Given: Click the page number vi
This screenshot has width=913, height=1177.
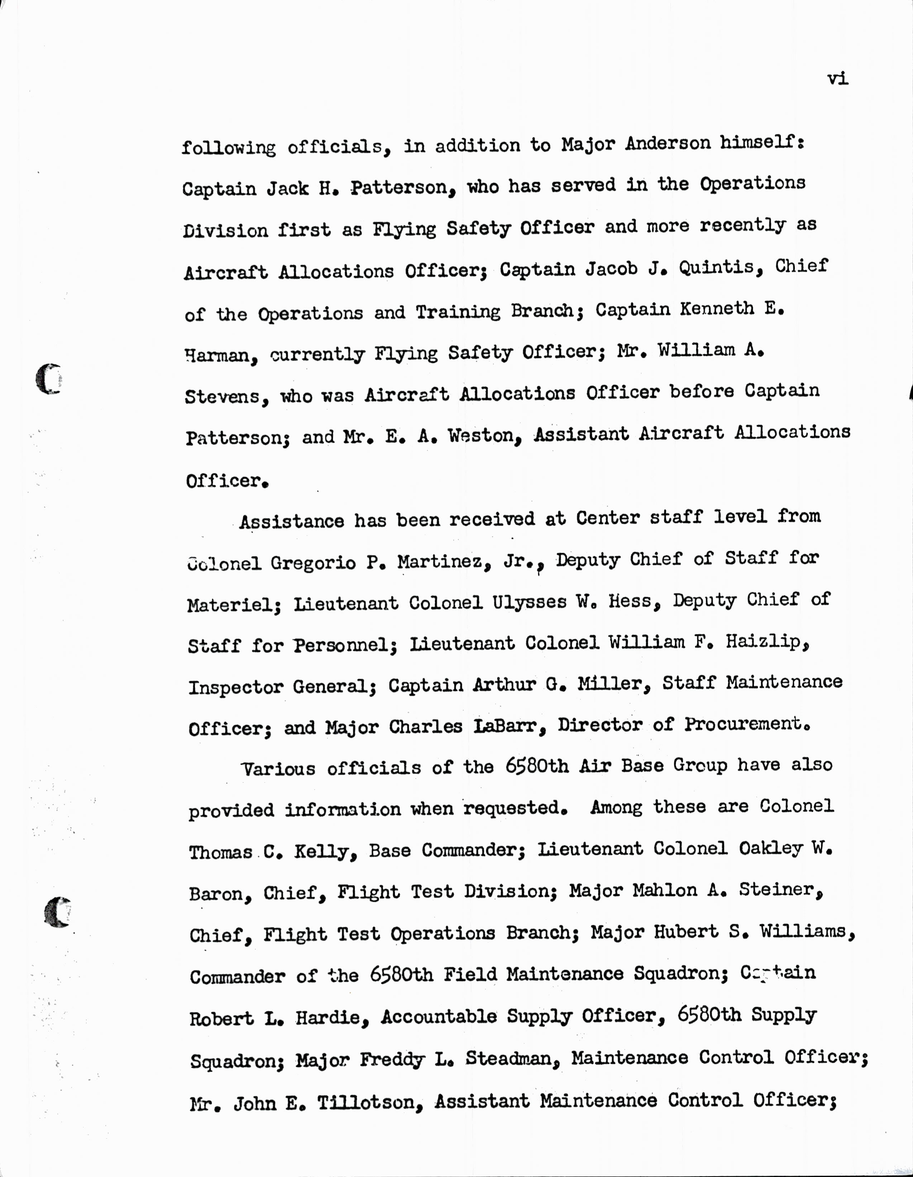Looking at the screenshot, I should pos(838,79).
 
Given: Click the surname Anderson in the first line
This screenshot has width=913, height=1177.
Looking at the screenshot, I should pos(668,143).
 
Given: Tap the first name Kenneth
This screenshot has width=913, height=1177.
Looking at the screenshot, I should pos(716,309).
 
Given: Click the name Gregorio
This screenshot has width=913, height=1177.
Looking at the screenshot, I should pos(313,563).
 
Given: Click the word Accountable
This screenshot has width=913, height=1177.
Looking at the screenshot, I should pos(439,1016).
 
